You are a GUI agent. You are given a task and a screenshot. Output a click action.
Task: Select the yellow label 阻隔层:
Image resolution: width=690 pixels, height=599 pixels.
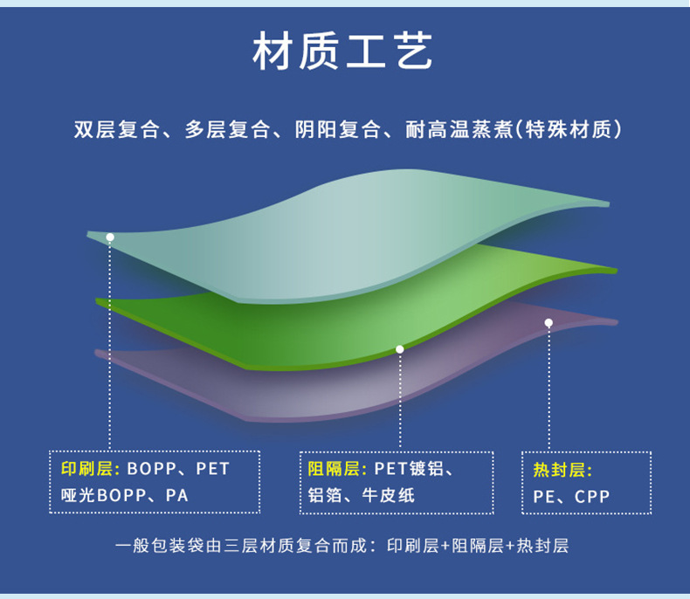click(x=337, y=469)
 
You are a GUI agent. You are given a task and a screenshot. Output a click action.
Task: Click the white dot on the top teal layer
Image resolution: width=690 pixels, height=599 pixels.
click(x=110, y=237)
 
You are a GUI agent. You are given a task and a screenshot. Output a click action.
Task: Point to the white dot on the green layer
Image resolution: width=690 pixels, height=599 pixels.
click(x=400, y=349)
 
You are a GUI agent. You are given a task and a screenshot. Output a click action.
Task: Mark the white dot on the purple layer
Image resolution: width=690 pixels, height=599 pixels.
click(x=549, y=323)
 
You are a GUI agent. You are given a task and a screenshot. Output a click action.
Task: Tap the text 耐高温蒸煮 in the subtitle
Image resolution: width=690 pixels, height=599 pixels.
click(x=459, y=130)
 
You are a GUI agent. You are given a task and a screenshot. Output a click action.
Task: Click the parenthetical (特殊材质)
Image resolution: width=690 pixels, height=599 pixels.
click(x=569, y=130)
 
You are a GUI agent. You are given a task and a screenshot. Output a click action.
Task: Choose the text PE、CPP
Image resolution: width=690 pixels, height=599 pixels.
click(x=571, y=497)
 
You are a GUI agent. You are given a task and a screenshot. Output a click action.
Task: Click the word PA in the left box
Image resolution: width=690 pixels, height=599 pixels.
click(x=177, y=495)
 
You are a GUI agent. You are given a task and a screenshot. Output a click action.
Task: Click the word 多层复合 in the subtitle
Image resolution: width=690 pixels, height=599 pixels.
click(x=227, y=130)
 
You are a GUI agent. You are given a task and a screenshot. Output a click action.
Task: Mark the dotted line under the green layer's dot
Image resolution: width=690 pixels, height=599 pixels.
click(x=400, y=402)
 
